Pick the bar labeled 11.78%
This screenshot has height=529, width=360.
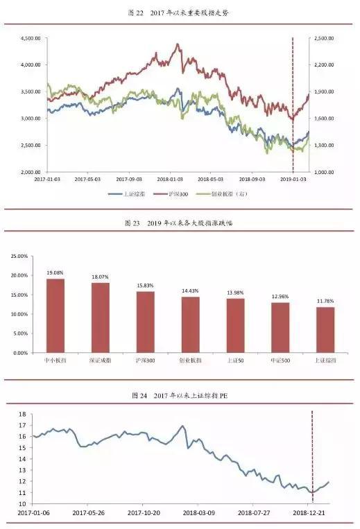point(325,329)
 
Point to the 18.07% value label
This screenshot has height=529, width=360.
point(101,277)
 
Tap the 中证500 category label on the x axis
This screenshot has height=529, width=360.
point(280,361)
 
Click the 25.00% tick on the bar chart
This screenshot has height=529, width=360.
point(18,256)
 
